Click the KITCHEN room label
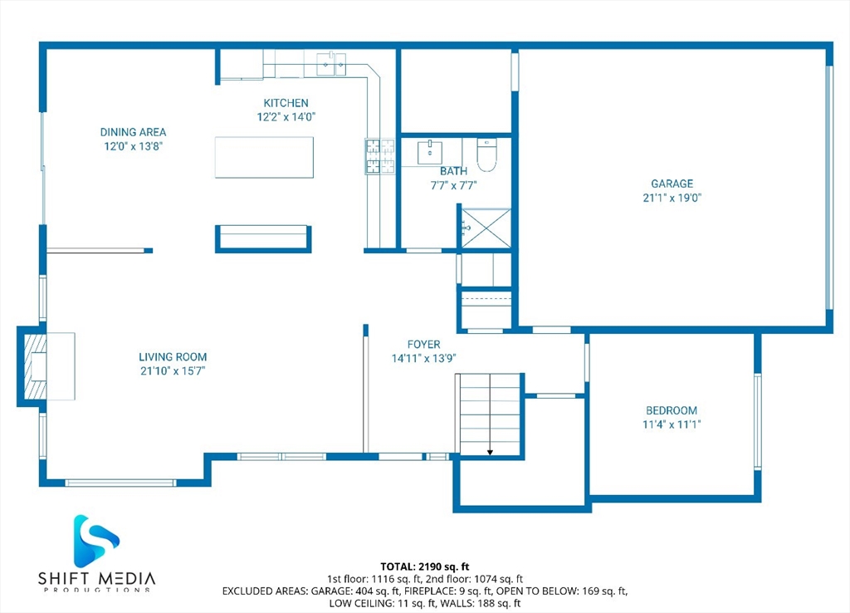[286, 103]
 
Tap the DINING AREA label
[134, 132]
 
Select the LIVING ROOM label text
[173, 357]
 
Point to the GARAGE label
[672, 184]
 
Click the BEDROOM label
[672, 410]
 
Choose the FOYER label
[424, 345]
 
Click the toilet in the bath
[486, 154]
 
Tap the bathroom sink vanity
[430, 153]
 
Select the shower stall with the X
[486, 228]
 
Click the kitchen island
[264, 157]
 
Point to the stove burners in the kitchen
[380, 157]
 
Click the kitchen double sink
[331, 65]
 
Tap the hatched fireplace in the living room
[35, 366]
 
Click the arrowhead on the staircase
[490, 452]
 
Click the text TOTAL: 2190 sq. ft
[425, 567]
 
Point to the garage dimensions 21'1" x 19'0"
[672, 198]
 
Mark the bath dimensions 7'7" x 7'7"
[454, 185]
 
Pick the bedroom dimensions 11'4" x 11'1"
[672, 424]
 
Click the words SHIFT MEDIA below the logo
[97, 578]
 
